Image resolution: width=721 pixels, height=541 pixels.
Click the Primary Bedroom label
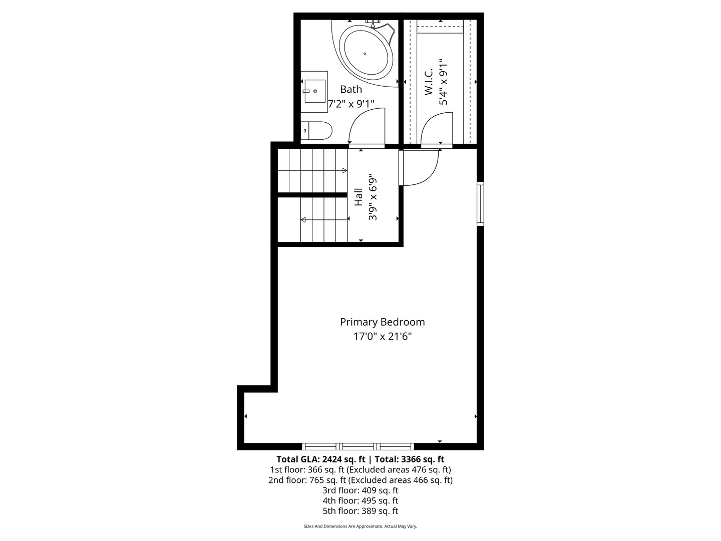coord(383,322)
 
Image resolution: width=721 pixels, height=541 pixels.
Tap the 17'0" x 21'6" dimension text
coord(383,336)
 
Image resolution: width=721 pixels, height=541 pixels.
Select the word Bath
coord(351,89)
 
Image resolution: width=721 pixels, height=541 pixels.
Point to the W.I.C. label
coord(429,82)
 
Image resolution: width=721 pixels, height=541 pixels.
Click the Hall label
coord(358,197)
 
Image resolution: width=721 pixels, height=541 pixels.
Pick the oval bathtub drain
coord(365,54)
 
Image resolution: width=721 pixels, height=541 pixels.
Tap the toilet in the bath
coord(316,131)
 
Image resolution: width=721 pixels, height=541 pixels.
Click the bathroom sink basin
coord(314,91)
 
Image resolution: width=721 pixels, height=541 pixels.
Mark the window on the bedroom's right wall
coord(480,204)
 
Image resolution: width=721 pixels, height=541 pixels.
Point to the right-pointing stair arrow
coord(312,170)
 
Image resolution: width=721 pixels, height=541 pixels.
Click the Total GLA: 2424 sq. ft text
coord(321,459)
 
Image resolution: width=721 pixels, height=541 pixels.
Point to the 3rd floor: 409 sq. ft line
coord(360,490)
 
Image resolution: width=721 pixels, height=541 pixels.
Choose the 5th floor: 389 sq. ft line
coord(360,511)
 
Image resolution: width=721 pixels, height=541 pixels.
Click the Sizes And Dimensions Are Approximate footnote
coord(360,526)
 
